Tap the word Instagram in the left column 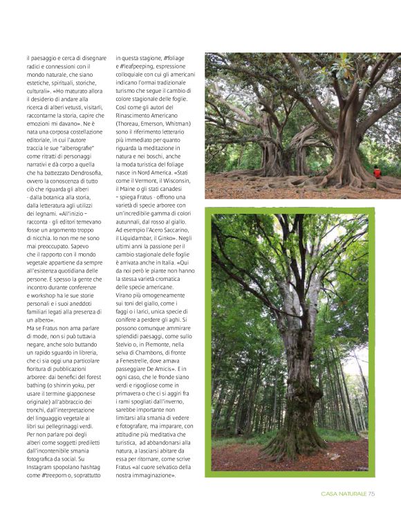[x=41, y=467]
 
